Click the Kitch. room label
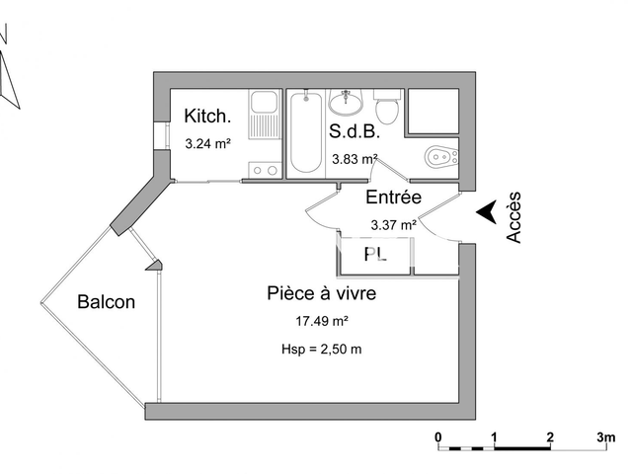(x=207, y=117)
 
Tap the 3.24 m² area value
(x=207, y=143)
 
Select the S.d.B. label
(x=350, y=130)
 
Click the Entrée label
(x=394, y=197)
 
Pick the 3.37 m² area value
(x=392, y=224)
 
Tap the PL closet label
(x=374, y=255)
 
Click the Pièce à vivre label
(x=322, y=293)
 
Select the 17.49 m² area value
(x=322, y=321)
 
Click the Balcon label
(x=106, y=302)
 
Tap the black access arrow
(x=486, y=212)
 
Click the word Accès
(x=514, y=217)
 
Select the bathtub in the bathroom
(x=304, y=133)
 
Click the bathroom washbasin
(x=345, y=101)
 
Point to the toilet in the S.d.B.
(x=386, y=104)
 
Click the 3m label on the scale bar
(x=605, y=436)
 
